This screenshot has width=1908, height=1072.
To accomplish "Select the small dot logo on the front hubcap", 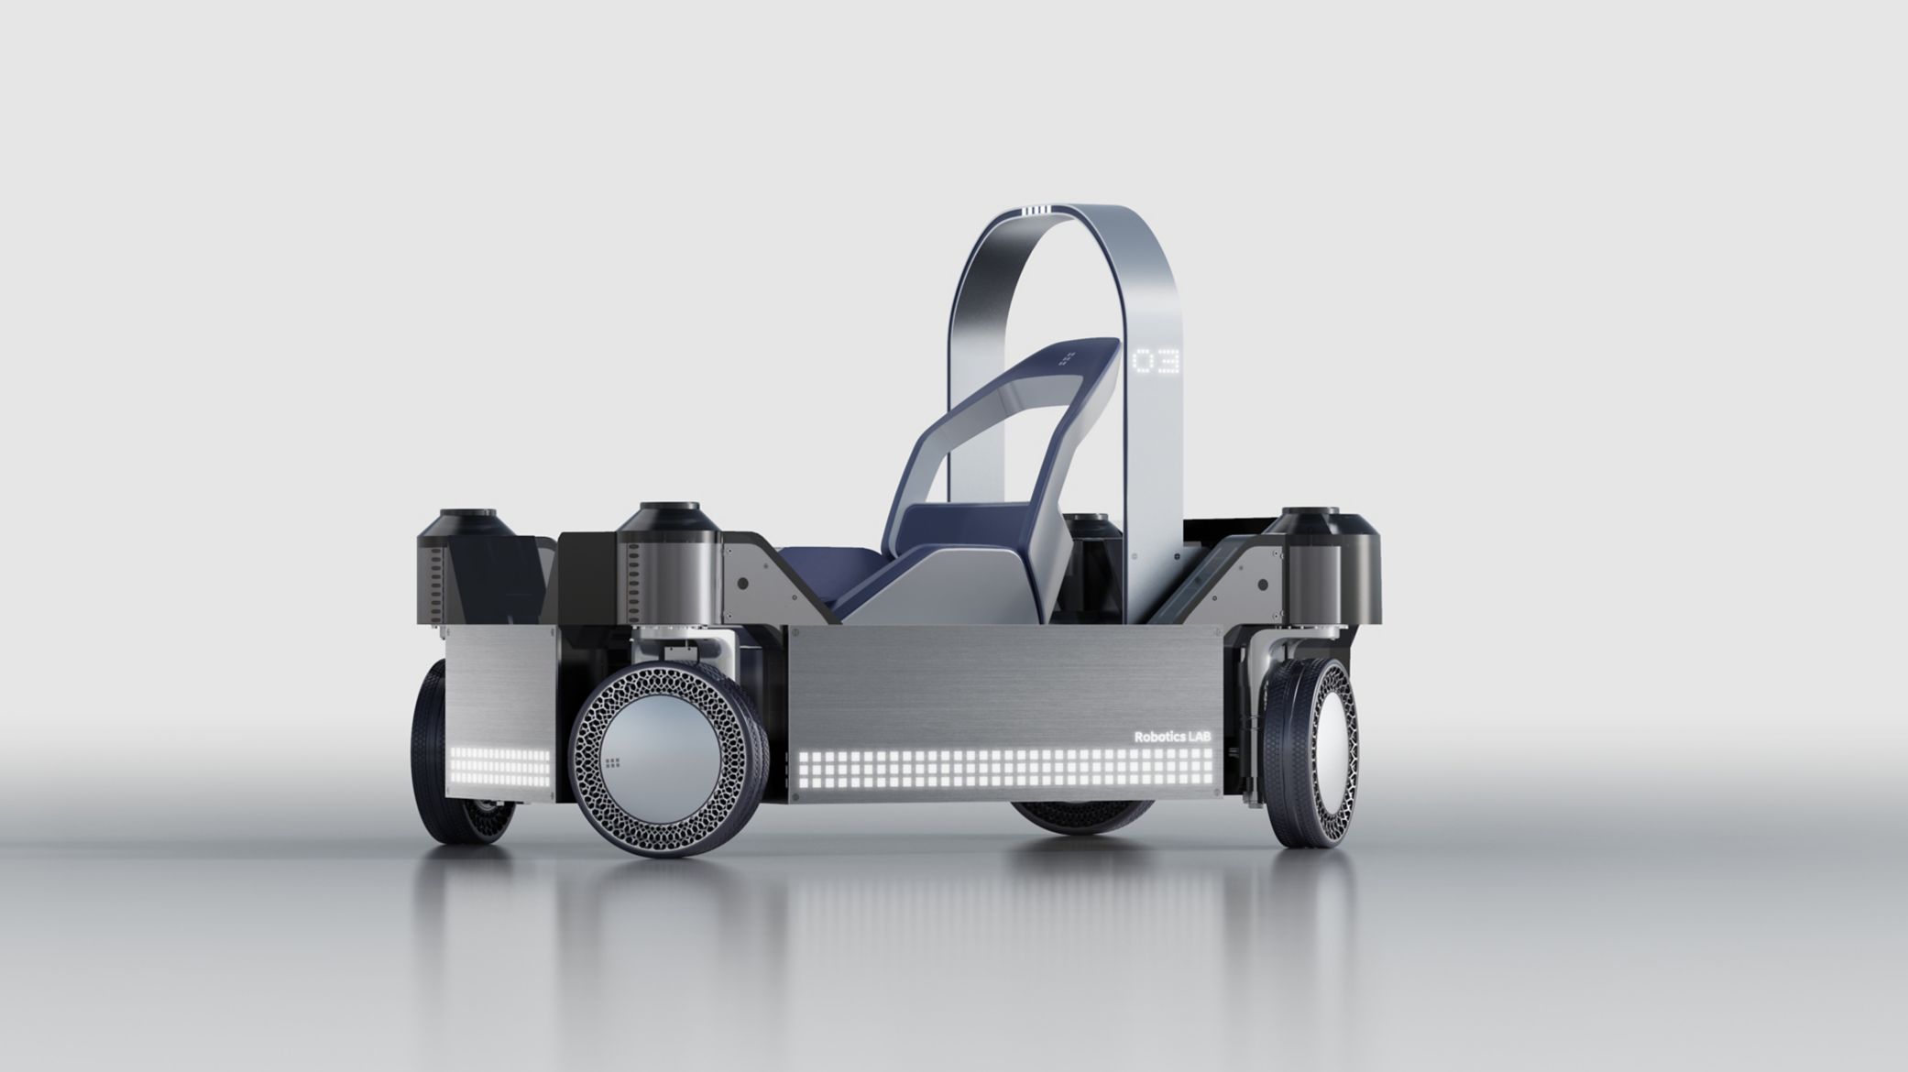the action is coord(612,763).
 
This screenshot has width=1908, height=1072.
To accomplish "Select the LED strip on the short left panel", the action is coord(500,764).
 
